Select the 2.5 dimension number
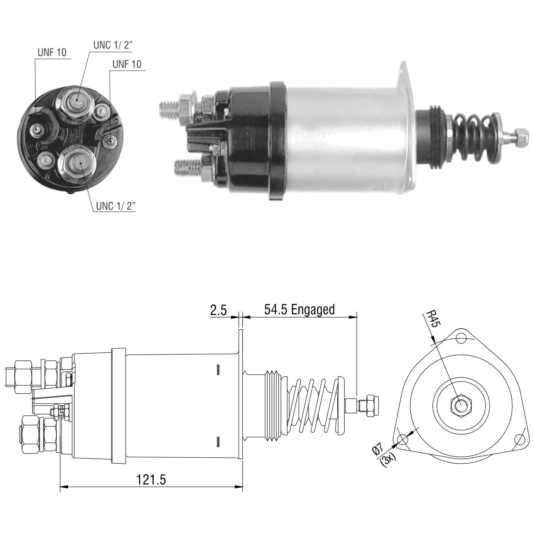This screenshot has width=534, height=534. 218,310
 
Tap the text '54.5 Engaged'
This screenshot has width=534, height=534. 299,310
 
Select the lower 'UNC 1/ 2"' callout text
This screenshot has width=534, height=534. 116,206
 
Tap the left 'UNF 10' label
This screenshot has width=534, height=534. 52,52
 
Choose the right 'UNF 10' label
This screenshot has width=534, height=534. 127,64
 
